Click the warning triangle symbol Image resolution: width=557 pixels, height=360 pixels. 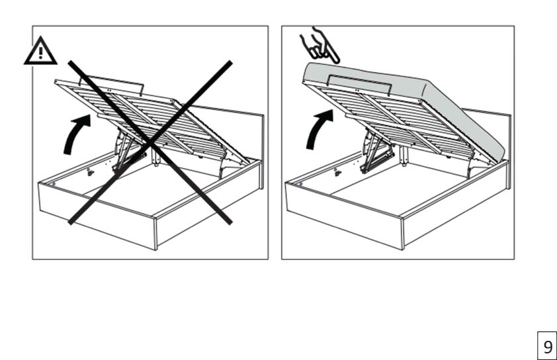click(40, 52)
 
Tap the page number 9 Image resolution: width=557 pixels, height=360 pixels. click(548, 346)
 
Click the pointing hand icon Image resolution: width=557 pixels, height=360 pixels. click(318, 46)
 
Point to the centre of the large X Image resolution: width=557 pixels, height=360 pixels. click(150, 142)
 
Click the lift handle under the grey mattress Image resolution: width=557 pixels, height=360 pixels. click(359, 84)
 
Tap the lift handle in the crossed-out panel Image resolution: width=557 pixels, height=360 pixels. click(111, 84)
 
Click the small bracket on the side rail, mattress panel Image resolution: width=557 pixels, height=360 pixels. click(337, 173)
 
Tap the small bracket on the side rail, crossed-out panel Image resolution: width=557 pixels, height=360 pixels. click(91, 172)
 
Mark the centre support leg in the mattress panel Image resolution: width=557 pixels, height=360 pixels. click(404, 156)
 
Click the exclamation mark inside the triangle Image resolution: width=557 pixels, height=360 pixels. click(40, 53)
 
